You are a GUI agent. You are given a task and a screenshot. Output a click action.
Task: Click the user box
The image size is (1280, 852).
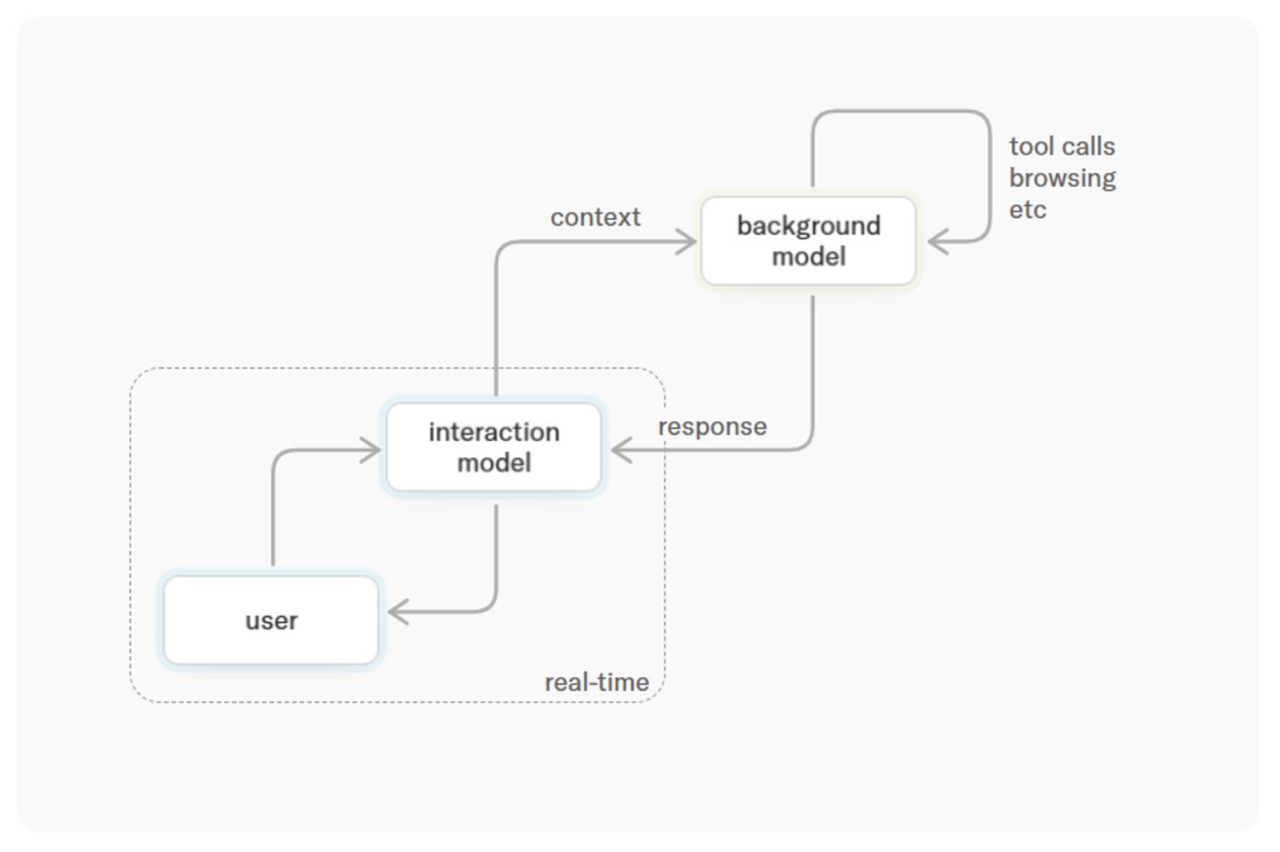[271, 620]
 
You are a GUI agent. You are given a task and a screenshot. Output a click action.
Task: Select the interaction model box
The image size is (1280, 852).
[494, 446]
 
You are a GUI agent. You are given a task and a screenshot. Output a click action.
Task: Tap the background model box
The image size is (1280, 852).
[809, 241]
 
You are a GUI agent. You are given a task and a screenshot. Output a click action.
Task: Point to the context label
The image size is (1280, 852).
[595, 217]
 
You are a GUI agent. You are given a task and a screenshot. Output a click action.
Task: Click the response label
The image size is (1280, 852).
[712, 427]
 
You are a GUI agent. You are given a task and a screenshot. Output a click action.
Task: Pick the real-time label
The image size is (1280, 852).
[597, 682]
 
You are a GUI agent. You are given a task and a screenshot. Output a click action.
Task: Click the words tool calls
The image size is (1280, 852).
[1062, 146]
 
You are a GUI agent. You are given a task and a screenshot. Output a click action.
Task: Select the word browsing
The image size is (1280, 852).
[1062, 179]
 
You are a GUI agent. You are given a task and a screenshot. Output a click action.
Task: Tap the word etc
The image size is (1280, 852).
[1027, 210]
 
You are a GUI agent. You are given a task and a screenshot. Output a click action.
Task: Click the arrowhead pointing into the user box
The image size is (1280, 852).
[398, 611]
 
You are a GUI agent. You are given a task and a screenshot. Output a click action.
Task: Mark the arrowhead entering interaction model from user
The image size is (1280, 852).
[372, 450]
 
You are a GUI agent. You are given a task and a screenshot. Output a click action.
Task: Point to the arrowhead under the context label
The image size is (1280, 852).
[687, 241]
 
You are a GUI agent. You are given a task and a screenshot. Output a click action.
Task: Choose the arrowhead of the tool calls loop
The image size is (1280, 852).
[938, 241]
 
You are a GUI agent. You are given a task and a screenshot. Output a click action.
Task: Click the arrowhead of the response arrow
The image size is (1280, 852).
[621, 450]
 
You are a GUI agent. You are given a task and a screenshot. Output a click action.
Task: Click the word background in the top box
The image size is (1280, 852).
[809, 227]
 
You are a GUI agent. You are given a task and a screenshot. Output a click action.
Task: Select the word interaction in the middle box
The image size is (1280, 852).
[494, 432]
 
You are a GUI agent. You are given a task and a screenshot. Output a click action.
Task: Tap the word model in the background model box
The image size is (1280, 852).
[809, 256]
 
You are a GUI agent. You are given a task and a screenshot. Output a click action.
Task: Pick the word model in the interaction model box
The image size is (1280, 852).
[494, 462]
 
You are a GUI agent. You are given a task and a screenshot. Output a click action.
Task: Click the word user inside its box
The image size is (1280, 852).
[271, 621]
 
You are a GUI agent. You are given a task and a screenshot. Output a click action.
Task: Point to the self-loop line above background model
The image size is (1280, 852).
[902, 111]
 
